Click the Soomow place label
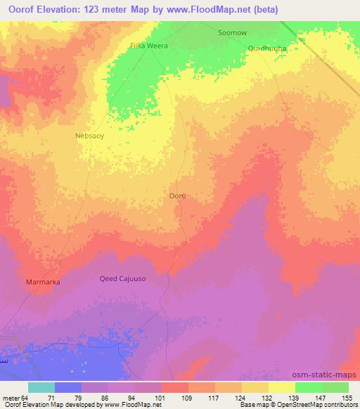coord(233,33)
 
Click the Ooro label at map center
coord(178,196)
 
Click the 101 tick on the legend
coord(162,397)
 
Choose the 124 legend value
coord(242,397)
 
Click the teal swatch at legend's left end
coord(41,387)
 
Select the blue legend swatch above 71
coord(68,387)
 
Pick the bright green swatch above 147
coord(308,387)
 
